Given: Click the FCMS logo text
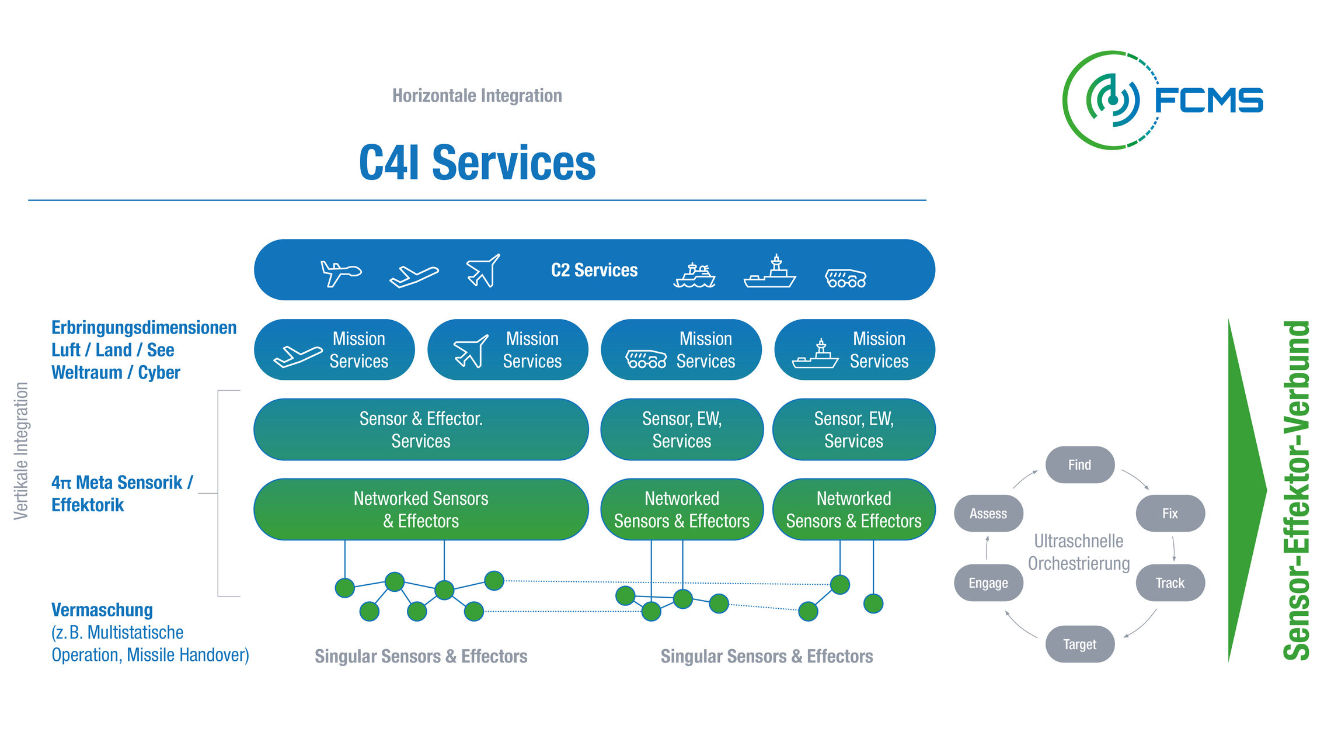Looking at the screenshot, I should click(x=1208, y=100).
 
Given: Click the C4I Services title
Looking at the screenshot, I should click(x=477, y=163).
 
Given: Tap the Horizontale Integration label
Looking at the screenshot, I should click(x=477, y=95).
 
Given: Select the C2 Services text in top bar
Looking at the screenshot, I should click(x=594, y=270).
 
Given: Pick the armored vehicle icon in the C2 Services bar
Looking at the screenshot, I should click(x=845, y=278).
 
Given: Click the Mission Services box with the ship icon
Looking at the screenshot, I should click(x=854, y=350).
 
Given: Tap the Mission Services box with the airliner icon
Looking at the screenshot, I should click(x=334, y=350).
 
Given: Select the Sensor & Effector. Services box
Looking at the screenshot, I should click(x=421, y=429).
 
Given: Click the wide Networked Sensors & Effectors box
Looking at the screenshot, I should click(x=421, y=509).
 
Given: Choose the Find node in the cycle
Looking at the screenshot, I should click(x=1079, y=465).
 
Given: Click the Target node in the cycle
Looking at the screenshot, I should click(x=1079, y=644).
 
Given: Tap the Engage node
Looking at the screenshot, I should click(x=988, y=583).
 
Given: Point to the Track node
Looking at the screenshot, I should click(x=1170, y=583).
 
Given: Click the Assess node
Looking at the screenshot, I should click(x=988, y=514).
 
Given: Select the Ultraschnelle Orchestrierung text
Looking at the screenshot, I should click(x=1079, y=552).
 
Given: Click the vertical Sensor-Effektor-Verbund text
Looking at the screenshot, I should click(x=1297, y=491).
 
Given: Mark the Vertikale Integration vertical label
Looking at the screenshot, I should click(x=21, y=451).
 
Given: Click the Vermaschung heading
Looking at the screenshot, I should click(x=102, y=610).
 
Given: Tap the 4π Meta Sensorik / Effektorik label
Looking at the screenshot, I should click(x=121, y=494).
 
